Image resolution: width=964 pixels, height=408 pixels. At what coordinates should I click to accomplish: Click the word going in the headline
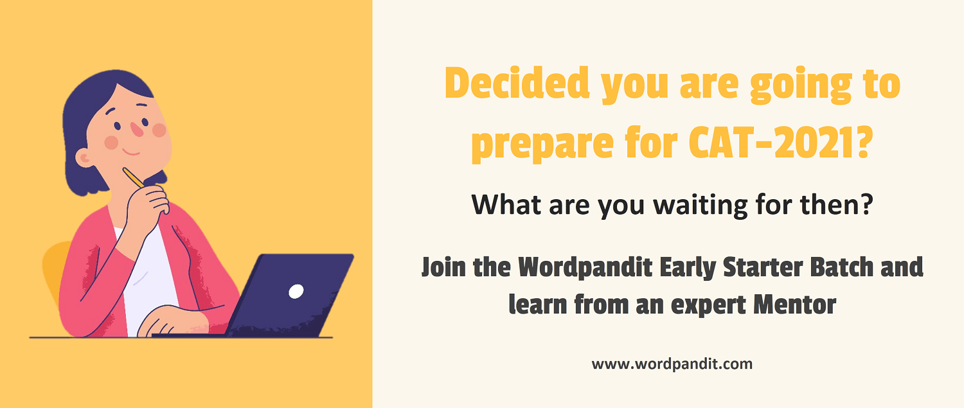pyautogui.click(x=801, y=85)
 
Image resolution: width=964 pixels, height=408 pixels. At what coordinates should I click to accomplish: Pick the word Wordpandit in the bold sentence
pyautogui.click(x=585, y=268)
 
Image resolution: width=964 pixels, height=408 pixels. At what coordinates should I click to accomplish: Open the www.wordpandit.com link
pyautogui.click(x=672, y=364)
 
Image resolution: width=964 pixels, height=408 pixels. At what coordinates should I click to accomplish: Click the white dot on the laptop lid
pyautogui.click(x=296, y=291)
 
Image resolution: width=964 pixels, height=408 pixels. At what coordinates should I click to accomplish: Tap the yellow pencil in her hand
pyautogui.click(x=134, y=177)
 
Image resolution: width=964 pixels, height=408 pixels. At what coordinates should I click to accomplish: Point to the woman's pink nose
pyautogui.click(x=137, y=129)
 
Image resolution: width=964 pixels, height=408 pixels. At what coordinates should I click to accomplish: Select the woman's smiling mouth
pyautogui.click(x=131, y=152)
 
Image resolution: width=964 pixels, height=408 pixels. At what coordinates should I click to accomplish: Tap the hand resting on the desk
pyautogui.click(x=172, y=321)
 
